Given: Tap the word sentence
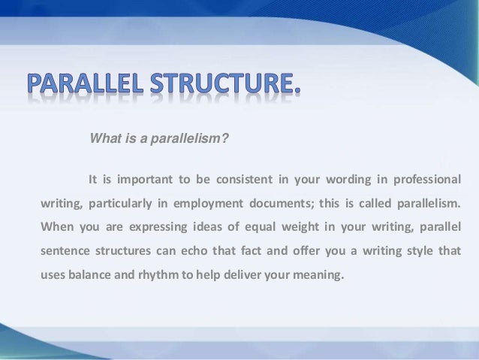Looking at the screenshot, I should click(65, 250).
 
